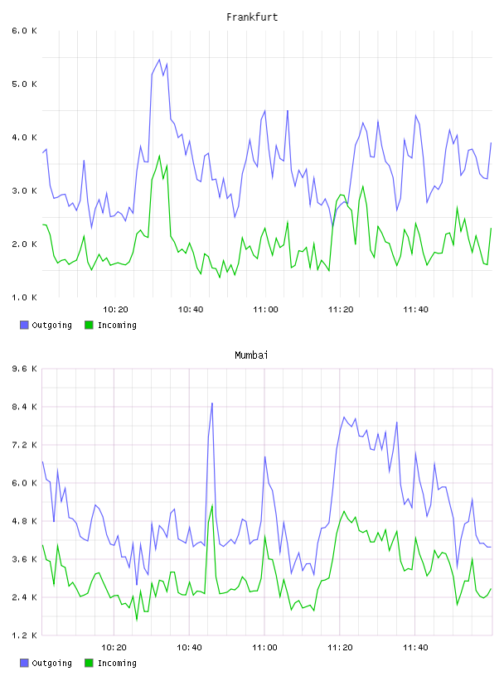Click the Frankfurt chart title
pos(252,17)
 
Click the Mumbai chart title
pos(251,355)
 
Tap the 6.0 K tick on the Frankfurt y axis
pos(24,31)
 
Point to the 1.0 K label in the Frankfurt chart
pos(24,297)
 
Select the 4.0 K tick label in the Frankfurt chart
pos(24,138)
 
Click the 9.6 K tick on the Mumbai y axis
pos(24,369)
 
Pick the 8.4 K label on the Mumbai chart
pos(24,407)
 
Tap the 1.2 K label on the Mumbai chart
pos(24,635)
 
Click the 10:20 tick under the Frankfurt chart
pos(115,309)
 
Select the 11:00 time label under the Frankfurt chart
pos(265,309)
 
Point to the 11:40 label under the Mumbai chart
pos(415,647)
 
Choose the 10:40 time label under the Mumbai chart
pos(190,647)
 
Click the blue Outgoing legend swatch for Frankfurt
pos(24,325)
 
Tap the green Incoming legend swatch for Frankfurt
pos(89,325)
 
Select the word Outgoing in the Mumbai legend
pos(51,663)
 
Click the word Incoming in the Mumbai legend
pos(117,663)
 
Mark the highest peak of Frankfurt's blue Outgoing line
pos(159,60)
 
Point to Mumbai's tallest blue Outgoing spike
pos(212,403)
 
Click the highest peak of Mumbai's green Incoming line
pos(212,505)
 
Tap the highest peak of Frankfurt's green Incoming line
pos(159,156)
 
